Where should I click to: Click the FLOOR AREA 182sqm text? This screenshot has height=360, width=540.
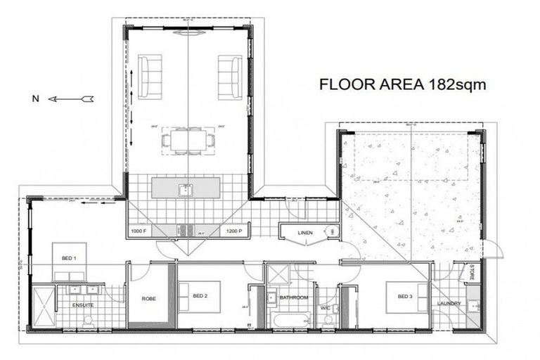point(403,85)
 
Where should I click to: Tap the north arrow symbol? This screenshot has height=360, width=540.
point(70,99)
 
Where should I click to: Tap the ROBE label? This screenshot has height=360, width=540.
point(148,298)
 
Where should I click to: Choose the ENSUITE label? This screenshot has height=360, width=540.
point(82,305)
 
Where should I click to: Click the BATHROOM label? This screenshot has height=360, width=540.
point(294,298)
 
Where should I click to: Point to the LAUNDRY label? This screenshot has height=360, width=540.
point(449,304)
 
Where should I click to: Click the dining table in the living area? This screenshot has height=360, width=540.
point(188,139)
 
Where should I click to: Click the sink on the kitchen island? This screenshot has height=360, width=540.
point(185,188)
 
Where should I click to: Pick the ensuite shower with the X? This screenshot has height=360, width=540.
point(43,307)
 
